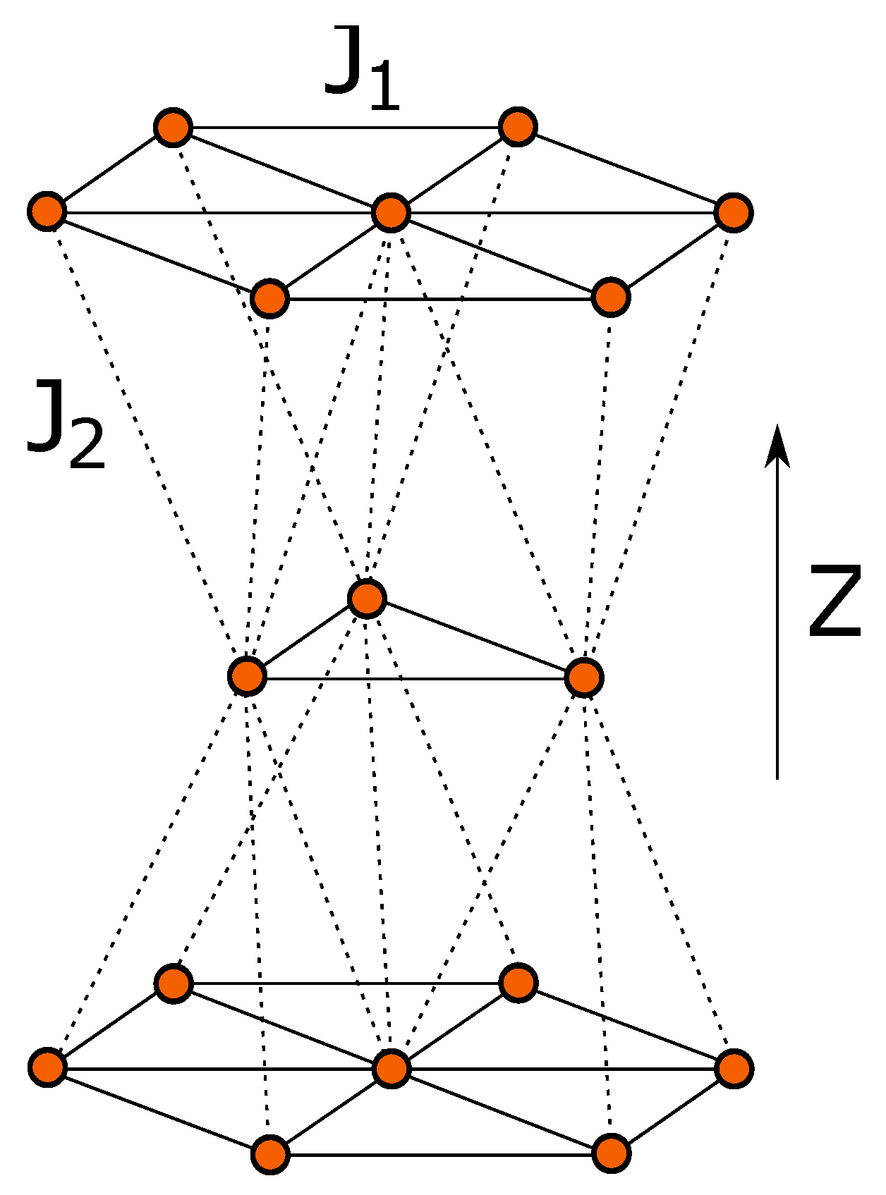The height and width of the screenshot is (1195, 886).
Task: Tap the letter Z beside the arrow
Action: (x=835, y=601)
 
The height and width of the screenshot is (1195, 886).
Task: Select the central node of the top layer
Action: (x=391, y=212)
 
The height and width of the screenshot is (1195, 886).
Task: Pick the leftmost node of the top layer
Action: (x=47, y=211)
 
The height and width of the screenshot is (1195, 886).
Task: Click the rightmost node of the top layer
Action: (x=734, y=212)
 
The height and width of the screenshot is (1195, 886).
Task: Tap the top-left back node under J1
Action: (x=173, y=128)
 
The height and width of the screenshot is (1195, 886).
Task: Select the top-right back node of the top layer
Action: (x=518, y=128)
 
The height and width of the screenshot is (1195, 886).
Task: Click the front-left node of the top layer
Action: (x=269, y=298)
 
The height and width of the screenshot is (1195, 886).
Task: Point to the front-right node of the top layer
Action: (x=611, y=297)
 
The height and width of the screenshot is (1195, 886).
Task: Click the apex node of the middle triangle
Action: (x=367, y=599)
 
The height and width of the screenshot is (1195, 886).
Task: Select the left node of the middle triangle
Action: (x=247, y=676)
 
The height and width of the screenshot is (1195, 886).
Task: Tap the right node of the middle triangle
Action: (x=584, y=678)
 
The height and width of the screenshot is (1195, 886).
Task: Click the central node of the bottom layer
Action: (x=392, y=1068)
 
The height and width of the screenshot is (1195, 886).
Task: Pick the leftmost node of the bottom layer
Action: (x=48, y=1067)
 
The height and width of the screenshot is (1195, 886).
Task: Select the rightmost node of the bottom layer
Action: (x=734, y=1067)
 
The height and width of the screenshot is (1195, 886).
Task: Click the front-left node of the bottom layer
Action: (x=270, y=1154)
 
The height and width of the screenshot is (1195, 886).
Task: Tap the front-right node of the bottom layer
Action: (x=611, y=1153)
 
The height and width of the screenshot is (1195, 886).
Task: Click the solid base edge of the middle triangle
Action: (x=416, y=679)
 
